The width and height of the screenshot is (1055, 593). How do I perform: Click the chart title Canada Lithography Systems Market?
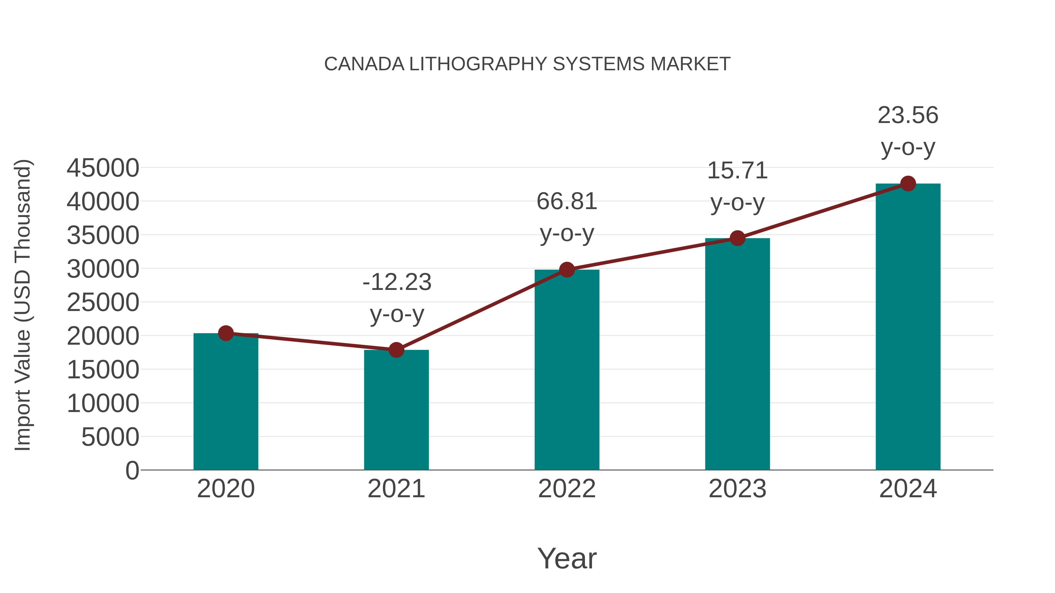click(x=527, y=64)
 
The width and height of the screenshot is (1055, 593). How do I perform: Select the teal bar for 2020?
click(x=226, y=403)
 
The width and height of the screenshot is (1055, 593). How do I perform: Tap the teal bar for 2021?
click(x=396, y=411)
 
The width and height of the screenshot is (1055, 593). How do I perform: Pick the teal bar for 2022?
click(x=566, y=370)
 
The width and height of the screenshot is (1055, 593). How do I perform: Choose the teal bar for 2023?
click(x=737, y=354)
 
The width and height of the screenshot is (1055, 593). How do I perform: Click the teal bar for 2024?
click(x=908, y=327)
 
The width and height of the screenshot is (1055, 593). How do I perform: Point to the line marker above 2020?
click(x=226, y=333)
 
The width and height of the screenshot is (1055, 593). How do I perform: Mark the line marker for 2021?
click(x=396, y=350)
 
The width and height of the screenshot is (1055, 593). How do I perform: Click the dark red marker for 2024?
click(x=908, y=184)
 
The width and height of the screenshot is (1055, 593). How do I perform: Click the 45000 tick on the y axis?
click(x=103, y=168)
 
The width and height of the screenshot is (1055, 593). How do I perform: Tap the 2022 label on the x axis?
click(x=566, y=489)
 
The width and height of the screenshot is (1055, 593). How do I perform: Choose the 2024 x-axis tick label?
click(x=908, y=489)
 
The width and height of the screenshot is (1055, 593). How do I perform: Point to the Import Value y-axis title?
click(x=23, y=305)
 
